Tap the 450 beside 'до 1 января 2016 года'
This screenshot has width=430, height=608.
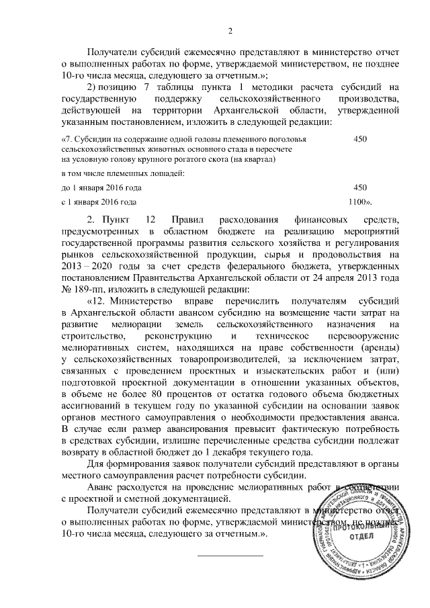coord(359,187)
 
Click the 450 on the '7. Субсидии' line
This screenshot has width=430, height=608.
coord(359,138)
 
